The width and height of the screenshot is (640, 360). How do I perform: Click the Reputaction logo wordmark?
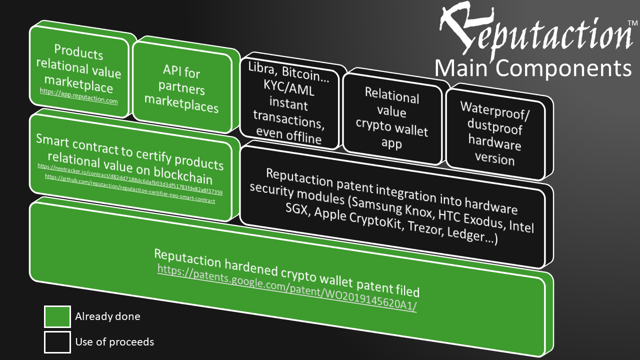click(532, 31)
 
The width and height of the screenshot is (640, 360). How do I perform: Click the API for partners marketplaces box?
click(181, 89)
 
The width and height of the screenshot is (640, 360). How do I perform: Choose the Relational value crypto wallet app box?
click(392, 119)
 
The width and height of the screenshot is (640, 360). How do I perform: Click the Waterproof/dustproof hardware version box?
click(494, 133)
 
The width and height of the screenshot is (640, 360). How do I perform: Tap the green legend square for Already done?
click(57, 316)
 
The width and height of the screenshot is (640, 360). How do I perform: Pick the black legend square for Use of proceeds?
click(57, 342)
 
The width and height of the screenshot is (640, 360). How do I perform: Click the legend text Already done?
click(107, 316)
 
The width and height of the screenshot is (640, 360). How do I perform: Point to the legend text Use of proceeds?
click(114, 342)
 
